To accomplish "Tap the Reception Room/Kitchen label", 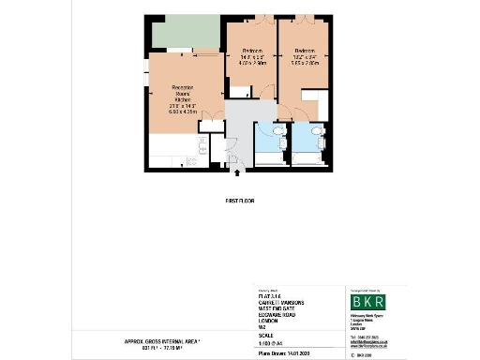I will (x=184, y=97).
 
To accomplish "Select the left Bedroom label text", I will (x=251, y=57).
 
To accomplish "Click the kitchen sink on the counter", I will (x=202, y=146).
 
